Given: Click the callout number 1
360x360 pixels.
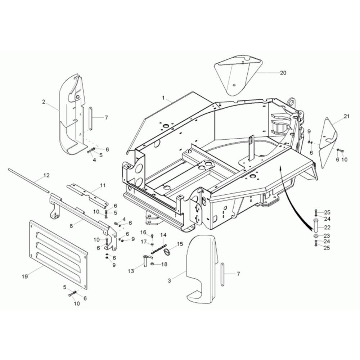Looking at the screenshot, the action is [x=163, y=98].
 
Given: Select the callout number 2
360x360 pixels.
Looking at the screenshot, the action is [x=44, y=102].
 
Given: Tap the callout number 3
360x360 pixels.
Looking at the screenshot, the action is [x=170, y=280].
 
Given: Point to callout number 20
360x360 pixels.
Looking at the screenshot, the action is [x=283, y=73].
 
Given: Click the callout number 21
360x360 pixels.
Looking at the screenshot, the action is [x=346, y=116].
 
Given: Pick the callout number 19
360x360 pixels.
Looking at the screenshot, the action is [x=25, y=276].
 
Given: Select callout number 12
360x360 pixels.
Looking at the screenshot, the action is [x=46, y=175].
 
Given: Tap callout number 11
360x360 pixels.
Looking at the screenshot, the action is [x=103, y=185].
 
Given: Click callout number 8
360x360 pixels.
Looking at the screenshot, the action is [x=71, y=226].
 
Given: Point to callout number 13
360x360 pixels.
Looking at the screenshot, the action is [x=131, y=271].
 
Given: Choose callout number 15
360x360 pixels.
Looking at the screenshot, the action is [x=180, y=244].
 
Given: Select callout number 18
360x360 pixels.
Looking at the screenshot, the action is [x=165, y=264].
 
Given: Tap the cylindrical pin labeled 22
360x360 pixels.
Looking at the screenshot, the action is [x=316, y=224].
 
